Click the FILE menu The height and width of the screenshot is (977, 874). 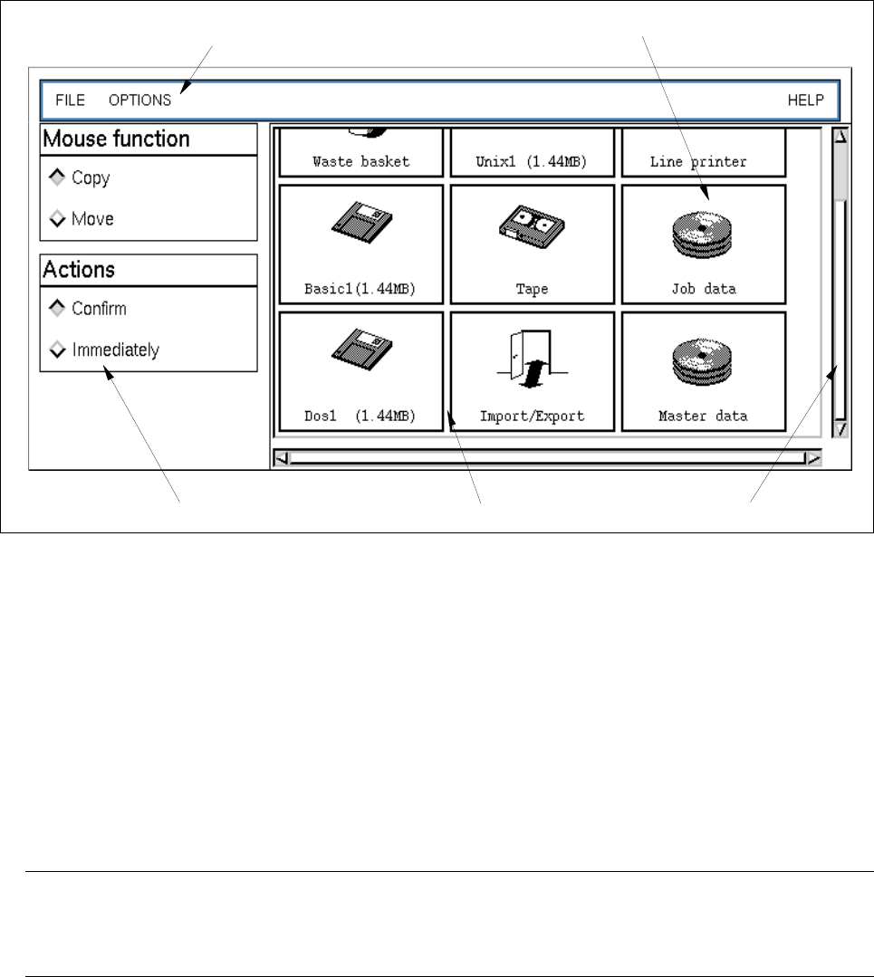(x=70, y=100)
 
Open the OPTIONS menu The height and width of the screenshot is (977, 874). (x=139, y=100)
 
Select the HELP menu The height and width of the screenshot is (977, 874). (x=805, y=100)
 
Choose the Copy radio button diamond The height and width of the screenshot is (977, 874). (x=57, y=177)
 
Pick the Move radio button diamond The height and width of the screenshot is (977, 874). (x=57, y=218)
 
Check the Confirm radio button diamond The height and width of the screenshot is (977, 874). (x=57, y=309)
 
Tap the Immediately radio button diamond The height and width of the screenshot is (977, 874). (x=57, y=349)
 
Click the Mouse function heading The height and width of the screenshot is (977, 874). (x=116, y=139)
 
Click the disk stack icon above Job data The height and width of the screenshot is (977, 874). (x=703, y=231)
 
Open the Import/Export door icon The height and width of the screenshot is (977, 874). (x=532, y=358)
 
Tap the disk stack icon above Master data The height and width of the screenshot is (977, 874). (x=703, y=359)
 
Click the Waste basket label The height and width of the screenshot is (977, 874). (x=360, y=162)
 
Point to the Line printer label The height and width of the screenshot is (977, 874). (x=698, y=162)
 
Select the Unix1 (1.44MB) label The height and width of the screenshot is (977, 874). (x=532, y=162)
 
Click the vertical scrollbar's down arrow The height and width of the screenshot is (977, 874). (x=840, y=429)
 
